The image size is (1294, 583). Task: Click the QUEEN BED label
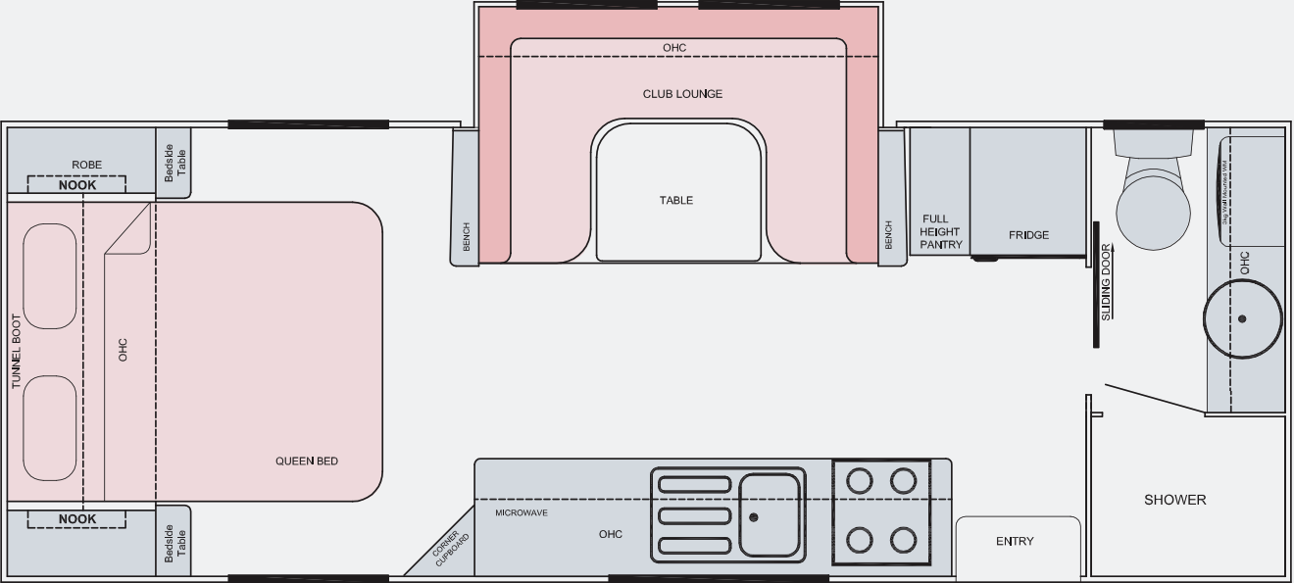[x=307, y=461]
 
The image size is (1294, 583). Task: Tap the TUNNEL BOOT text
[x=16, y=352]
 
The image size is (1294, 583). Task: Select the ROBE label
[x=86, y=165]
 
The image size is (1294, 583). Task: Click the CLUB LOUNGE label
[x=682, y=94]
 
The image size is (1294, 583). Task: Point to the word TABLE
[x=676, y=200]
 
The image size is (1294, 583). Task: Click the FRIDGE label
[x=1028, y=235]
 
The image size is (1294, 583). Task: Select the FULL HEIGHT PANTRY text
[x=940, y=232]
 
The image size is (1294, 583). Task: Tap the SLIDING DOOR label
[x=1106, y=282]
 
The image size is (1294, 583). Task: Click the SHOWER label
[x=1175, y=500]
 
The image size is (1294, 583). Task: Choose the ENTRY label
[x=1015, y=541]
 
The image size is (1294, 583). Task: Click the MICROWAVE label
[x=522, y=512]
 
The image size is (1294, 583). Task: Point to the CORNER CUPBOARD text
[x=450, y=549]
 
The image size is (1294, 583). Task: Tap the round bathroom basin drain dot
[x=1242, y=318]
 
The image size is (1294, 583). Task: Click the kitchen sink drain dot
[x=754, y=517]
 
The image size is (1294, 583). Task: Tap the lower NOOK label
[x=77, y=519]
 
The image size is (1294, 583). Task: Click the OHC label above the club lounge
[x=674, y=48]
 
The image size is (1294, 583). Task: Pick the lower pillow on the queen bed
[x=50, y=429]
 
